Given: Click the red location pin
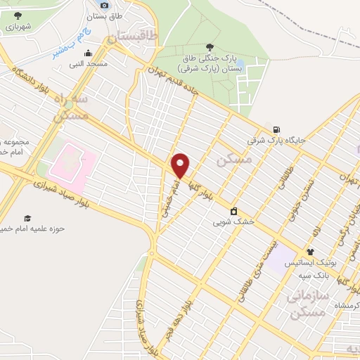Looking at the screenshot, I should [x=181, y=165].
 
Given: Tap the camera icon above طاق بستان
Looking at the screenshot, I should [x=104, y=5].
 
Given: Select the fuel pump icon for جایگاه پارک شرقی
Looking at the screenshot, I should [x=277, y=129].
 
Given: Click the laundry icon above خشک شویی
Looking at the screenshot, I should [x=233, y=211].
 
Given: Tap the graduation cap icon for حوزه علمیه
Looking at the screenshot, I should [x=27, y=218].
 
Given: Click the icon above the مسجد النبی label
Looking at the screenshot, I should [x=87, y=53].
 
